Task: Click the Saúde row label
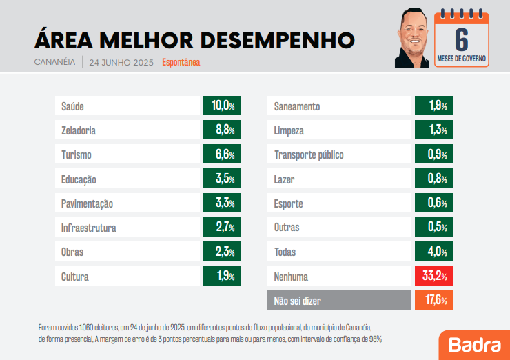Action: (73, 106)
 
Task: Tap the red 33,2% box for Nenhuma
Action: (433, 277)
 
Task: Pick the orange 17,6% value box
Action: (433, 301)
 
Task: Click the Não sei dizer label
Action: (297, 301)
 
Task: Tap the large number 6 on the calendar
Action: (462, 38)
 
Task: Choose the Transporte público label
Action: (309, 155)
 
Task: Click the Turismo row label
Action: (76, 155)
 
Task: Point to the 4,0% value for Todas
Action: (433, 252)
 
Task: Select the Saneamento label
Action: (297, 106)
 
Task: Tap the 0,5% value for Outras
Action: (433, 228)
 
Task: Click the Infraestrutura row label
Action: (89, 228)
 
